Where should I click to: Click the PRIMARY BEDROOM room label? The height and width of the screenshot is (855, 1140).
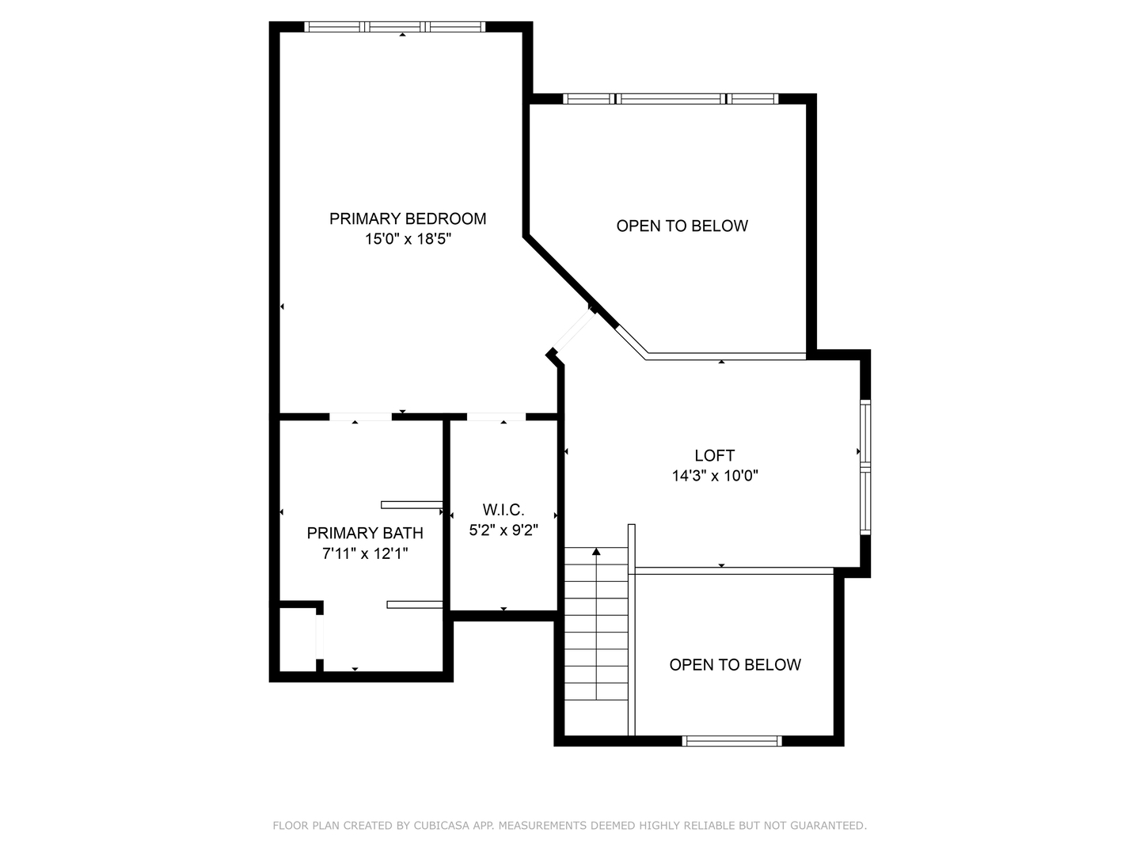[x=408, y=218]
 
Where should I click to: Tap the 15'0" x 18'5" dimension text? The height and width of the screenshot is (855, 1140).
[x=408, y=239]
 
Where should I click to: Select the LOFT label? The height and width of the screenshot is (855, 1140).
[x=714, y=455]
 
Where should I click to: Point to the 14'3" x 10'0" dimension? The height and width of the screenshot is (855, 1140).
[x=714, y=476]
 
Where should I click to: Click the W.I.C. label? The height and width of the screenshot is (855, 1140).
[x=503, y=510]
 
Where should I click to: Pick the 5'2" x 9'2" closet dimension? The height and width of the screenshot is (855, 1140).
[x=503, y=530]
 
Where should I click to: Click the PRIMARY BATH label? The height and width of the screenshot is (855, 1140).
[x=365, y=533]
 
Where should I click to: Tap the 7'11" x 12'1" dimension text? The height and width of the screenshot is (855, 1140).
[x=365, y=553]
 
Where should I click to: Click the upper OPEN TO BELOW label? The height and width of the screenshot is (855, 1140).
[x=682, y=226]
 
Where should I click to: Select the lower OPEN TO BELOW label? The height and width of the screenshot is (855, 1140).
[x=735, y=665]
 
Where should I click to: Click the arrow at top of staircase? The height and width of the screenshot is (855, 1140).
[x=597, y=551]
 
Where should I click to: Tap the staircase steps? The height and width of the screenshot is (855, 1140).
[x=597, y=633]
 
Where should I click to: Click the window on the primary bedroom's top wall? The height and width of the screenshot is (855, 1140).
[x=395, y=27]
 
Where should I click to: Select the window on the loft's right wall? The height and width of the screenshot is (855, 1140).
[x=865, y=466]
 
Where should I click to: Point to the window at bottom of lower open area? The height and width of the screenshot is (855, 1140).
[x=731, y=741]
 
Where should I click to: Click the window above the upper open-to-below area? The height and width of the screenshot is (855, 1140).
[x=670, y=99]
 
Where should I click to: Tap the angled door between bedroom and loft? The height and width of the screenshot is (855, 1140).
[x=572, y=331]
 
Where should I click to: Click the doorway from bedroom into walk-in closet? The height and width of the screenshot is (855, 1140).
[x=496, y=416]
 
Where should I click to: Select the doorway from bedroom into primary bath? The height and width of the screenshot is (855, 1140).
[x=360, y=416]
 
